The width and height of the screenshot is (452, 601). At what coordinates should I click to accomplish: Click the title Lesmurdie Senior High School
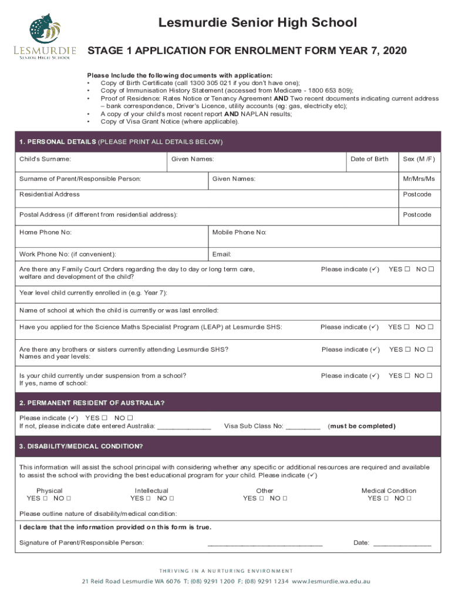tap(257, 23)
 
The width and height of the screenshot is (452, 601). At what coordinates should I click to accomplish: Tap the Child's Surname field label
tap(45, 159)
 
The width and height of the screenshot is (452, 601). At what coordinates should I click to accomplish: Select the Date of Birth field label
tap(369, 159)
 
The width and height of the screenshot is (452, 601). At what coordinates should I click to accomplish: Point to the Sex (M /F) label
tap(418, 159)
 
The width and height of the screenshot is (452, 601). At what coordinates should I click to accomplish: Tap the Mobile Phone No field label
tap(240, 232)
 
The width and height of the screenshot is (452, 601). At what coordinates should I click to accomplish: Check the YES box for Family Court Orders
tap(407, 269)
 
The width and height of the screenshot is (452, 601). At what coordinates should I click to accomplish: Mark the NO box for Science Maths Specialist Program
tap(430, 327)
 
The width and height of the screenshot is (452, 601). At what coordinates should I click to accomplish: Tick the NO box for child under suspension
tap(430, 376)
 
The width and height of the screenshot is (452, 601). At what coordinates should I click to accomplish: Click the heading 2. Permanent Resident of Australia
tap(92, 403)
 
